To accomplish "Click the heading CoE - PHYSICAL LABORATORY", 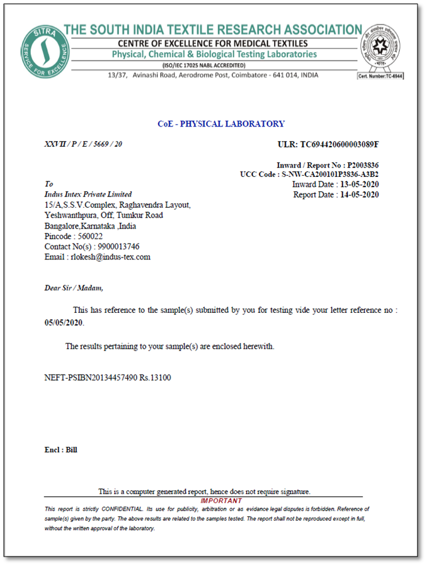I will [x=220, y=124].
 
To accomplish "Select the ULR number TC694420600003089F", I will [x=339, y=144].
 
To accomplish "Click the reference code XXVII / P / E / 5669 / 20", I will [x=83, y=144].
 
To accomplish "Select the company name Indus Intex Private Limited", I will [x=88, y=195].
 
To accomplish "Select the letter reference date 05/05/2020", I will [x=64, y=322].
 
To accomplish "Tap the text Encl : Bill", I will [x=60, y=450].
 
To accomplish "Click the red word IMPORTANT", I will [x=220, y=501].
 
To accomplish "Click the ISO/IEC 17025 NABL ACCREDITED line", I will [x=213, y=65].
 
